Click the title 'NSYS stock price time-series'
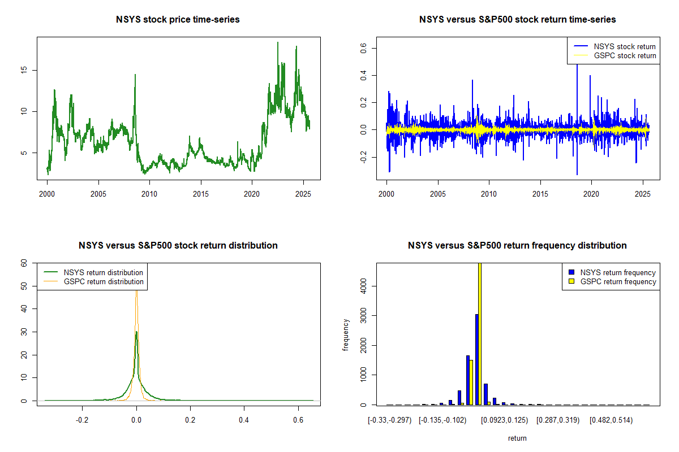[178, 20]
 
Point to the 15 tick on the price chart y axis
[24, 70]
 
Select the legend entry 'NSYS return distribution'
[104, 272]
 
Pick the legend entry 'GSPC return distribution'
[104, 281]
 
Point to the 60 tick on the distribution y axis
[24, 263]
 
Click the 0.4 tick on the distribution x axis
[244, 420]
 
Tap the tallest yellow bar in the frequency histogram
[480, 333]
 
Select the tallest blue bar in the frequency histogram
[476, 359]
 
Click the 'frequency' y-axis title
[346, 334]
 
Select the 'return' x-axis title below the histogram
[517, 438]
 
